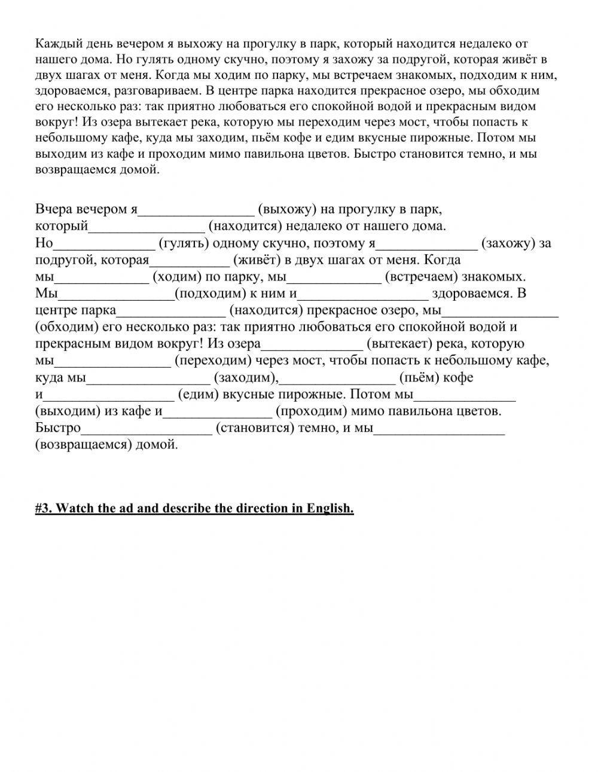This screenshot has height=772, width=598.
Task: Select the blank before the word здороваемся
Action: (363, 294)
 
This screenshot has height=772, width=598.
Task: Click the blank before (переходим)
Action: (113, 361)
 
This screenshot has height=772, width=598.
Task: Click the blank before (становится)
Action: (147, 428)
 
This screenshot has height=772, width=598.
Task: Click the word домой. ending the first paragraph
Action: (142, 169)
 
